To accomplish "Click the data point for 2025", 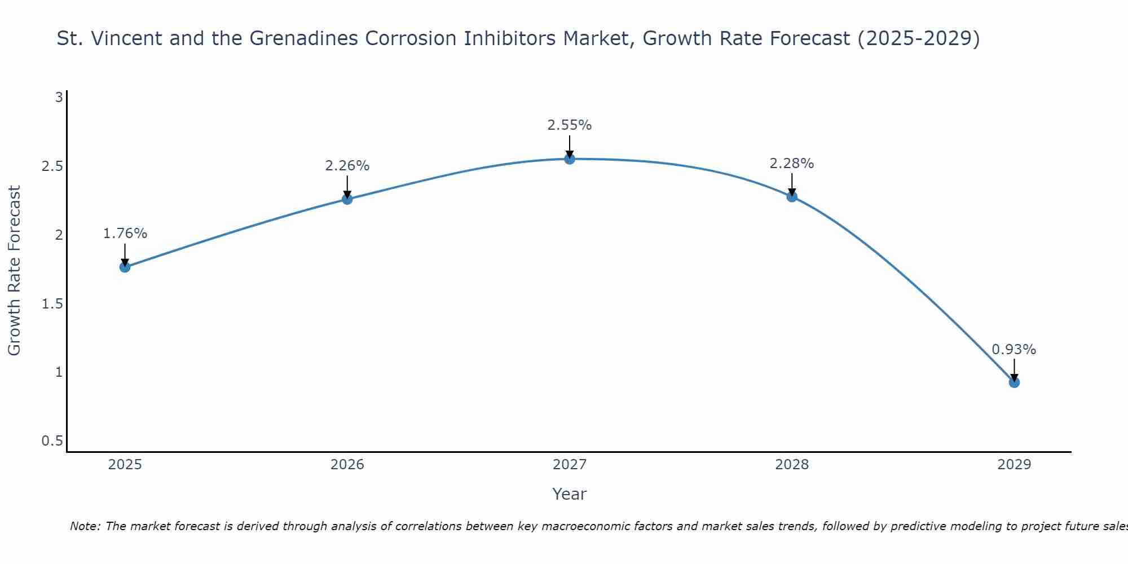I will coord(125,267).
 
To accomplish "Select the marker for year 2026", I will coord(347,199).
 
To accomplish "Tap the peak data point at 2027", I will coord(570,159).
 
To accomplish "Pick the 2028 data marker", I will coord(792,196).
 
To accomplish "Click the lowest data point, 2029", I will coord(1014,382).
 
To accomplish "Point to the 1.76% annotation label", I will coord(125,233).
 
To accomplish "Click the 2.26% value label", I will coord(347,166).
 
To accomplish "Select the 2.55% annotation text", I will coord(570,125).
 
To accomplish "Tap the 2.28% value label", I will coord(792,164).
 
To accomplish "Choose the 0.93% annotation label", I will coord(1014,350).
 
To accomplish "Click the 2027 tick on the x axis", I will coord(570,465).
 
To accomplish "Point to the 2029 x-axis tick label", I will coord(1014,465).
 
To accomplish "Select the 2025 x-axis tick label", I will coord(125,465).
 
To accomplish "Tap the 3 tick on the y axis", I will coord(59,98).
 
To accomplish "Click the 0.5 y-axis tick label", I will coord(52,441).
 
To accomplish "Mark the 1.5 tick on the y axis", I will coord(52,304).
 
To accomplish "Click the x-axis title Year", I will coord(570,494).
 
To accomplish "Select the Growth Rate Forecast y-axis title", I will coord(15,271).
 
